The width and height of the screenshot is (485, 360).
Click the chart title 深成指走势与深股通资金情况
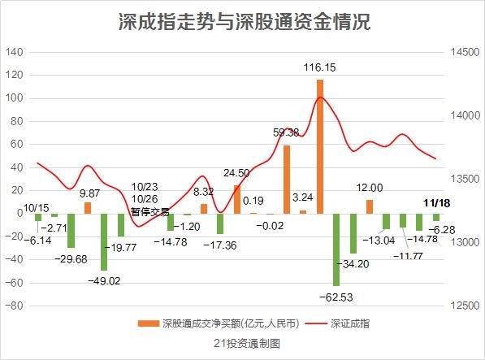[245, 22]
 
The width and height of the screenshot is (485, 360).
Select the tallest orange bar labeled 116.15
[320, 146]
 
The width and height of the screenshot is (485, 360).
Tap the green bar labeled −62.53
[336, 249]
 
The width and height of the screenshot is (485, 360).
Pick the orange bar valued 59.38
[287, 180]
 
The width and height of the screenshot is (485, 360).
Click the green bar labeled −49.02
[104, 242]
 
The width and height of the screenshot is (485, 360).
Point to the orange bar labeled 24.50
[237, 199]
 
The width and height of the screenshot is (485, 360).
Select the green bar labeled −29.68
[71, 231]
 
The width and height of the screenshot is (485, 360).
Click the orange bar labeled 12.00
[370, 206]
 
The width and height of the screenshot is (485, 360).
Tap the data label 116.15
[319, 67]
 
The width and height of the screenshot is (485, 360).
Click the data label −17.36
[220, 245]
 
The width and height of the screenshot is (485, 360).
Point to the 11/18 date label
[437, 203]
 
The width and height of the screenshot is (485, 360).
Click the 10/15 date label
[37, 208]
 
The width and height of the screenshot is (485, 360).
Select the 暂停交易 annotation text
[150, 212]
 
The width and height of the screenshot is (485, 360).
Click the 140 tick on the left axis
[15, 52]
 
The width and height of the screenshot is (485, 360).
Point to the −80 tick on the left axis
[15, 306]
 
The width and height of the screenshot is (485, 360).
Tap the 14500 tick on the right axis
[465, 52]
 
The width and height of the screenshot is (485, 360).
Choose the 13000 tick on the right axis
[465, 242]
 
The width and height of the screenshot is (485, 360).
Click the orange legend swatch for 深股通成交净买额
[148, 323]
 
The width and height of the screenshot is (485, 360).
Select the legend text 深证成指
[350, 323]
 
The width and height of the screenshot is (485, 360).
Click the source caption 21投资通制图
[247, 344]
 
